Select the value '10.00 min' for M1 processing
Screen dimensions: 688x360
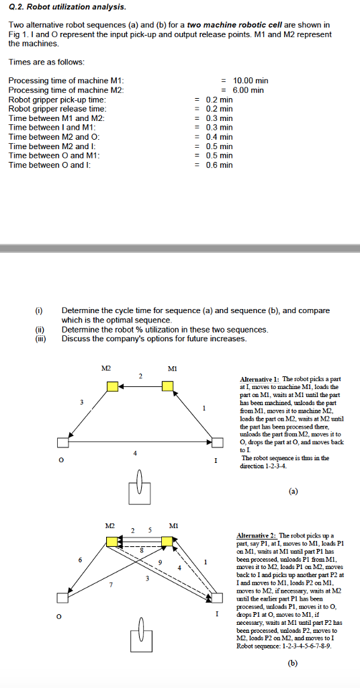click(250, 81)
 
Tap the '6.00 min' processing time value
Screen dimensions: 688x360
click(248, 90)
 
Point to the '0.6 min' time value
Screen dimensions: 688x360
click(219, 165)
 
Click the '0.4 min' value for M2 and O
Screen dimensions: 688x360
click(219, 136)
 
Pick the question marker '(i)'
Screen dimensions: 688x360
click(39, 310)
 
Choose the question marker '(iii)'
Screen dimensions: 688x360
click(40, 339)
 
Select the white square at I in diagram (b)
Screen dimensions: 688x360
click(217, 597)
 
